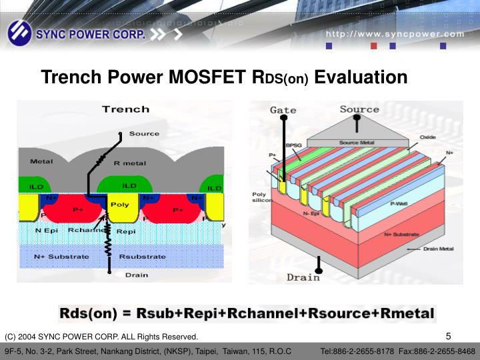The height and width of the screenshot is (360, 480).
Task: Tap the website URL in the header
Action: coord(395,34)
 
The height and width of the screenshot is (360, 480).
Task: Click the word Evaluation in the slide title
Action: coord(361,78)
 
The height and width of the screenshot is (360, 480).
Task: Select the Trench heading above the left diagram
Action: coord(125,109)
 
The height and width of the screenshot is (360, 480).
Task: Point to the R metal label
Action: coord(129,163)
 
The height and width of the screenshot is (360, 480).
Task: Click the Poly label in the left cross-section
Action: coord(119,205)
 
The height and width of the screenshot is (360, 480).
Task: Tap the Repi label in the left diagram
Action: coord(126,231)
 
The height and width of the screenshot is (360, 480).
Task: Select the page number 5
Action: coord(448,335)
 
